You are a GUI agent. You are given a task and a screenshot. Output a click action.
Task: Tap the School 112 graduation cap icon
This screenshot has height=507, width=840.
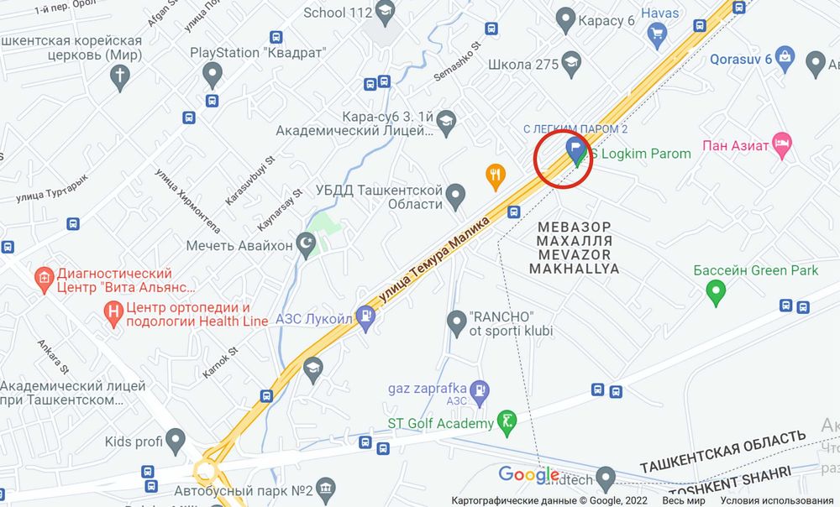tap(385, 12)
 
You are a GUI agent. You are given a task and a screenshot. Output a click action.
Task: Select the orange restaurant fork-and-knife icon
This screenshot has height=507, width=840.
tap(496, 175)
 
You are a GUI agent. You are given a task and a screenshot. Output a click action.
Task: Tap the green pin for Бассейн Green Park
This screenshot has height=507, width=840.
tap(716, 293)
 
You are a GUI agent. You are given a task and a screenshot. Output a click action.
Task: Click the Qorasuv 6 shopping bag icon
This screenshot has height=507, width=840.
tap(785, 59)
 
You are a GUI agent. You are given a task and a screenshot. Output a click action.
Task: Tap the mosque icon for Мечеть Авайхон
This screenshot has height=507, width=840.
tap(307, 245)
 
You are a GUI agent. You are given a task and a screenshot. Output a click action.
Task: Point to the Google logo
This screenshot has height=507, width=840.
tap(529, 474)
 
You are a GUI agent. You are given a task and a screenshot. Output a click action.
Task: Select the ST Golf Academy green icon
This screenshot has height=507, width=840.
tap(507, 423)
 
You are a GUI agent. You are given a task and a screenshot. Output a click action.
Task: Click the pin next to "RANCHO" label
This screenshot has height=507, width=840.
tap(456, 321)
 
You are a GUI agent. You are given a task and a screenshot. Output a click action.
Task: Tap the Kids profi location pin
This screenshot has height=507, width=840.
tap(176, 439)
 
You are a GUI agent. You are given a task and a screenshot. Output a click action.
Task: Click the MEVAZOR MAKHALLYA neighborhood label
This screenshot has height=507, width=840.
tap(575, 248)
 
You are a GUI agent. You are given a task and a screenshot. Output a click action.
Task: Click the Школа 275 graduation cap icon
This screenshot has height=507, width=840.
tap(572, 64)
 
